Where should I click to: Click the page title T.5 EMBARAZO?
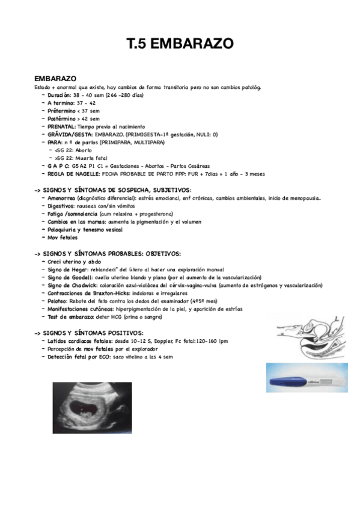(x=180, y=44)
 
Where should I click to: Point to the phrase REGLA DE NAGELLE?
(x=75, y=174)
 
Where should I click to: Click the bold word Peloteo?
(x=58, y=301)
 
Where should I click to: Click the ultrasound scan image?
(x=92, y=408)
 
